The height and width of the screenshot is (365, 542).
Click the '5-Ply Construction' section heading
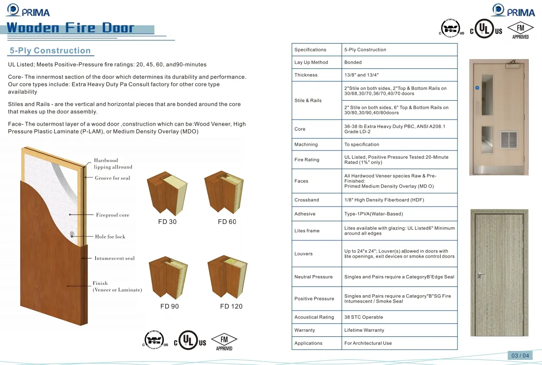[50, 51]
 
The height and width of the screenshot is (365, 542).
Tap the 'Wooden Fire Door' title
[70, 28]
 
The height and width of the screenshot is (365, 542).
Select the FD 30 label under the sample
[168, 222]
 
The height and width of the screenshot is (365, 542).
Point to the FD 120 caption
[231, 306]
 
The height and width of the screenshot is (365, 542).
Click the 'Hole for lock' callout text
[110, 237]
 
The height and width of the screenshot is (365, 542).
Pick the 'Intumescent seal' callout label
[115, 258]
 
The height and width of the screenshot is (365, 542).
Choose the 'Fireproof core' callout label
[113, 215]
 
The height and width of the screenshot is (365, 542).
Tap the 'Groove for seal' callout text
[113, 178]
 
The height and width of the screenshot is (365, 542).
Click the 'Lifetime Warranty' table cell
[364, 330]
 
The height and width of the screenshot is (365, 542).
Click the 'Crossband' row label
[306, 200]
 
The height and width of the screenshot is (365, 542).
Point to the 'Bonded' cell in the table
[353, 62]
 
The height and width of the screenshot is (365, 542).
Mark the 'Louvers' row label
[304, 254]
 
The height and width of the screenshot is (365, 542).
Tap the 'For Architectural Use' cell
[368, 343]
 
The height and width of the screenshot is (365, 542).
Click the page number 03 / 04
[520, 356]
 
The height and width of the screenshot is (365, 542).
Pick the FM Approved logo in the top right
[520, 30]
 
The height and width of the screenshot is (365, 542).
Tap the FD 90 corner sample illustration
[168, 279]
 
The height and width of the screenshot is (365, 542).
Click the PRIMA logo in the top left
[28, 11]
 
